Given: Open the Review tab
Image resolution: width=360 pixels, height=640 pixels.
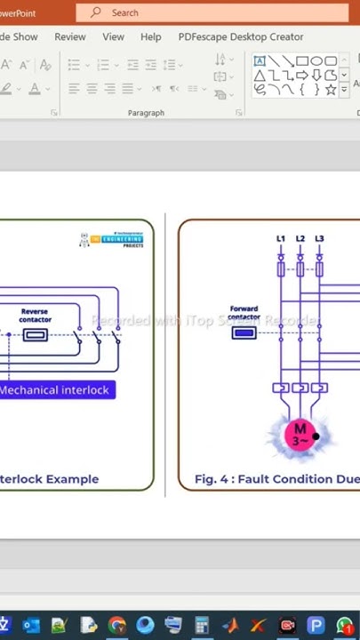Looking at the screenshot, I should click(70, 37).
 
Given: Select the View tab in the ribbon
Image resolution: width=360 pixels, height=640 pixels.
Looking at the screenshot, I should click(113, 37).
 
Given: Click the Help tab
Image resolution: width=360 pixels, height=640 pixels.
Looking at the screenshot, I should click(151, 37).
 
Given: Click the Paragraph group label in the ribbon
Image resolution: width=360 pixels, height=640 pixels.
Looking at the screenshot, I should click(146, 113).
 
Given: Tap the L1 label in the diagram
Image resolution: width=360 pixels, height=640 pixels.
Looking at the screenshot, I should click(281, 239).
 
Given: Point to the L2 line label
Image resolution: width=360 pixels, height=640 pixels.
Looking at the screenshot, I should click(300, 239).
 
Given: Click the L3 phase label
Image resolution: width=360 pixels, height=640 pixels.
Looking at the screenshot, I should click(319, 239).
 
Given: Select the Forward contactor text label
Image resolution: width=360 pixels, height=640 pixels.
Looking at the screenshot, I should click(244, 313).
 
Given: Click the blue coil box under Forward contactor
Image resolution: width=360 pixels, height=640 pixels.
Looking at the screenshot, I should click(244, 332).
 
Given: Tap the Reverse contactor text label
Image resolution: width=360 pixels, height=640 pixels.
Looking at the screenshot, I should click(36, 316).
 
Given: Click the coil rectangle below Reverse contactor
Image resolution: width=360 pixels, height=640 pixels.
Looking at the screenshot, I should click(36, 335).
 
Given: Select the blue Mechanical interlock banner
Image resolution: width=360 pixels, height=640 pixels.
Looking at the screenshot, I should click(55, 390).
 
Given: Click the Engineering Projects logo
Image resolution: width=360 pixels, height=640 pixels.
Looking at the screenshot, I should click(112, 240).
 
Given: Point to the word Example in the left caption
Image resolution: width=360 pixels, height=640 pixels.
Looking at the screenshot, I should click(72, 479).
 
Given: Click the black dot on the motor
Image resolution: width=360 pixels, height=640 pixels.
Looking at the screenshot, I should click(316, 436).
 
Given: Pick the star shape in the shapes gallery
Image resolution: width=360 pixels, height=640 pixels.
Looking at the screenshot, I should click(331, 90).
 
